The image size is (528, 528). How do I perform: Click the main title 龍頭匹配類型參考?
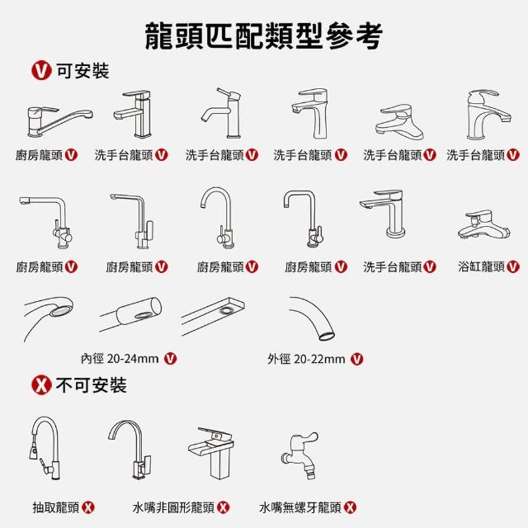tap(264, 36)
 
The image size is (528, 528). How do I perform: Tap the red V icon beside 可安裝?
tap(41, 71)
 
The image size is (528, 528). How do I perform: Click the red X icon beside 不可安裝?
tap(41, 385)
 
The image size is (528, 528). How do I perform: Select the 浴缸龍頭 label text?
tap(481, 266)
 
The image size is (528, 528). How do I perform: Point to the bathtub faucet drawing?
tap(484, 224)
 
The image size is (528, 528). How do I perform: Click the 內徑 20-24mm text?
tap(120, 359)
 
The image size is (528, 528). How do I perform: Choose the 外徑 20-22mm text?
tap(306, 359)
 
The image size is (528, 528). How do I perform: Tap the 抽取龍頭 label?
tap(56, 507)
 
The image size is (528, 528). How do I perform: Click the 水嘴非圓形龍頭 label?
tap(173, 507)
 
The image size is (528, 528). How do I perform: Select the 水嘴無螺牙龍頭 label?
tap(300, 507)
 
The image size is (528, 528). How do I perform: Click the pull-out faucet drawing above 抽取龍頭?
tap(45, 448)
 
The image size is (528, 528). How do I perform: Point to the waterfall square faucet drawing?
tap(211, 453)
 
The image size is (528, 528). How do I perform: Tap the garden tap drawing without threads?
tap(299, 455)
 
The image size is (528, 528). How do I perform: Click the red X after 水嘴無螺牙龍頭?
tap(350, 507)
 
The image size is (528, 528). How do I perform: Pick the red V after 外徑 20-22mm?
tap(357, 359)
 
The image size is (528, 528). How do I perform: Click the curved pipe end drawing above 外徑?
tap(313, 318)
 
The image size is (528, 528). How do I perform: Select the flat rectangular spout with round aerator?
tap(213, 316)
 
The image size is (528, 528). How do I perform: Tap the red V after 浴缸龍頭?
tap(513, 266)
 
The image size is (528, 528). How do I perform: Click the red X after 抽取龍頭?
tap(88, 507)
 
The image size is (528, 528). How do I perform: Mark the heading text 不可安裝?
tap(91, 385)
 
